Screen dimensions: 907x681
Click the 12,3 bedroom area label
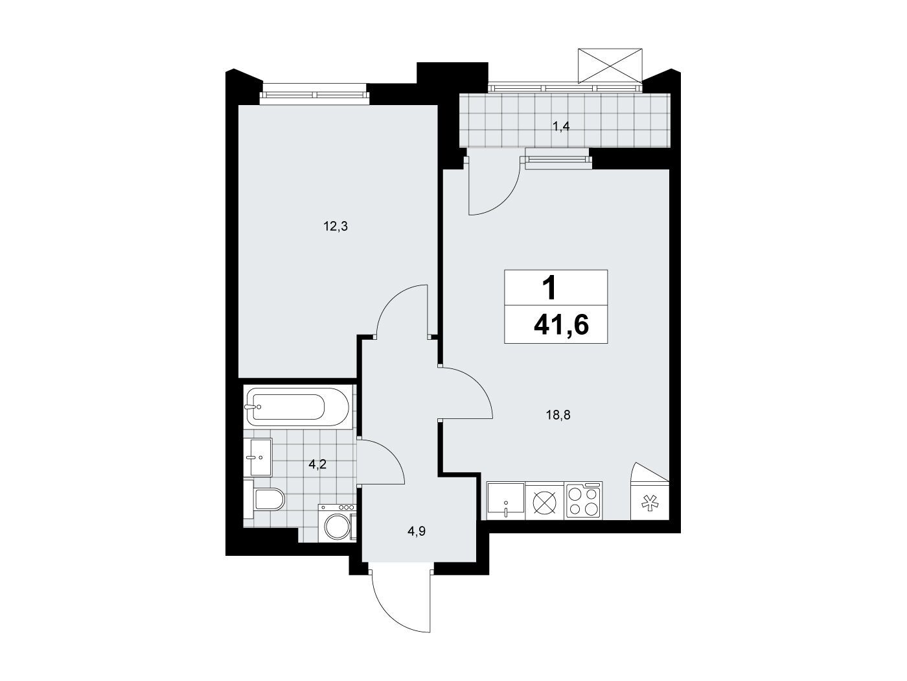pyautogui.click(x=336, y=226)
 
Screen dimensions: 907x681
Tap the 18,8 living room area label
pyautogui.click(x=558, y=415)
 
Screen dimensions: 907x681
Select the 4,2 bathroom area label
pyautogui.click(x=317, y=465)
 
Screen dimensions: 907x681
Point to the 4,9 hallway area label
pyautogui.click(x=417, y=531)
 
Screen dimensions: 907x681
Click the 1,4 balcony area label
pyautogui.click(x=561, y=126)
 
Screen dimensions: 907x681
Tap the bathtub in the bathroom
pyautogui.click(x=297, y=407)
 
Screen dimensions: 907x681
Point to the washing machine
pyautogui.click(x=337, y=522)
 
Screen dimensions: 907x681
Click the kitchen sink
pyautogui.click(x=506, y=501)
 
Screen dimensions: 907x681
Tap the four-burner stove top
pyautogui.click(x=582, y=501)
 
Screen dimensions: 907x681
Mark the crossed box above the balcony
pyautogui.click(x=610, y=66)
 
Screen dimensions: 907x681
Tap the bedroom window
pyautogui.click(x=314, y=95)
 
